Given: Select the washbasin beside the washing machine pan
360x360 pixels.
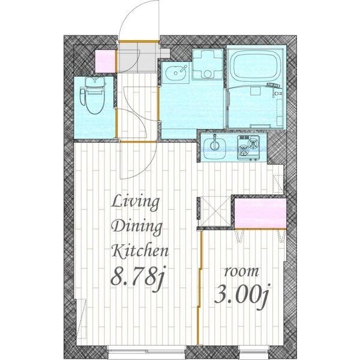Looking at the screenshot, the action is [176, 73].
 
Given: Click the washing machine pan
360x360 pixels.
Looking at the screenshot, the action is [208, 64].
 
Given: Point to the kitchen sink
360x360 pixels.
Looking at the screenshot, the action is [215, 147].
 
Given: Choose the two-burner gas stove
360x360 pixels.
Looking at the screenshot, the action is [248, 148].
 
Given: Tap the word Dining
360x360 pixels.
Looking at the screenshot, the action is [137, 227].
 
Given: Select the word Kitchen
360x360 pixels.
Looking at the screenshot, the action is [140, 251].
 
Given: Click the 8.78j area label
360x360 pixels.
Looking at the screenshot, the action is [137, 277].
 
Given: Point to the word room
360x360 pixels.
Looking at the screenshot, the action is [241, 272].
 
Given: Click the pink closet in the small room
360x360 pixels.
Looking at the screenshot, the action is [260, 214].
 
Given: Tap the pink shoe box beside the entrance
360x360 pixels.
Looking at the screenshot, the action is [105, 61].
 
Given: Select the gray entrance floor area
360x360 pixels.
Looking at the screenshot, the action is [138, 58].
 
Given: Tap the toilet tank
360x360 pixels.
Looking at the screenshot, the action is [95, 81].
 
